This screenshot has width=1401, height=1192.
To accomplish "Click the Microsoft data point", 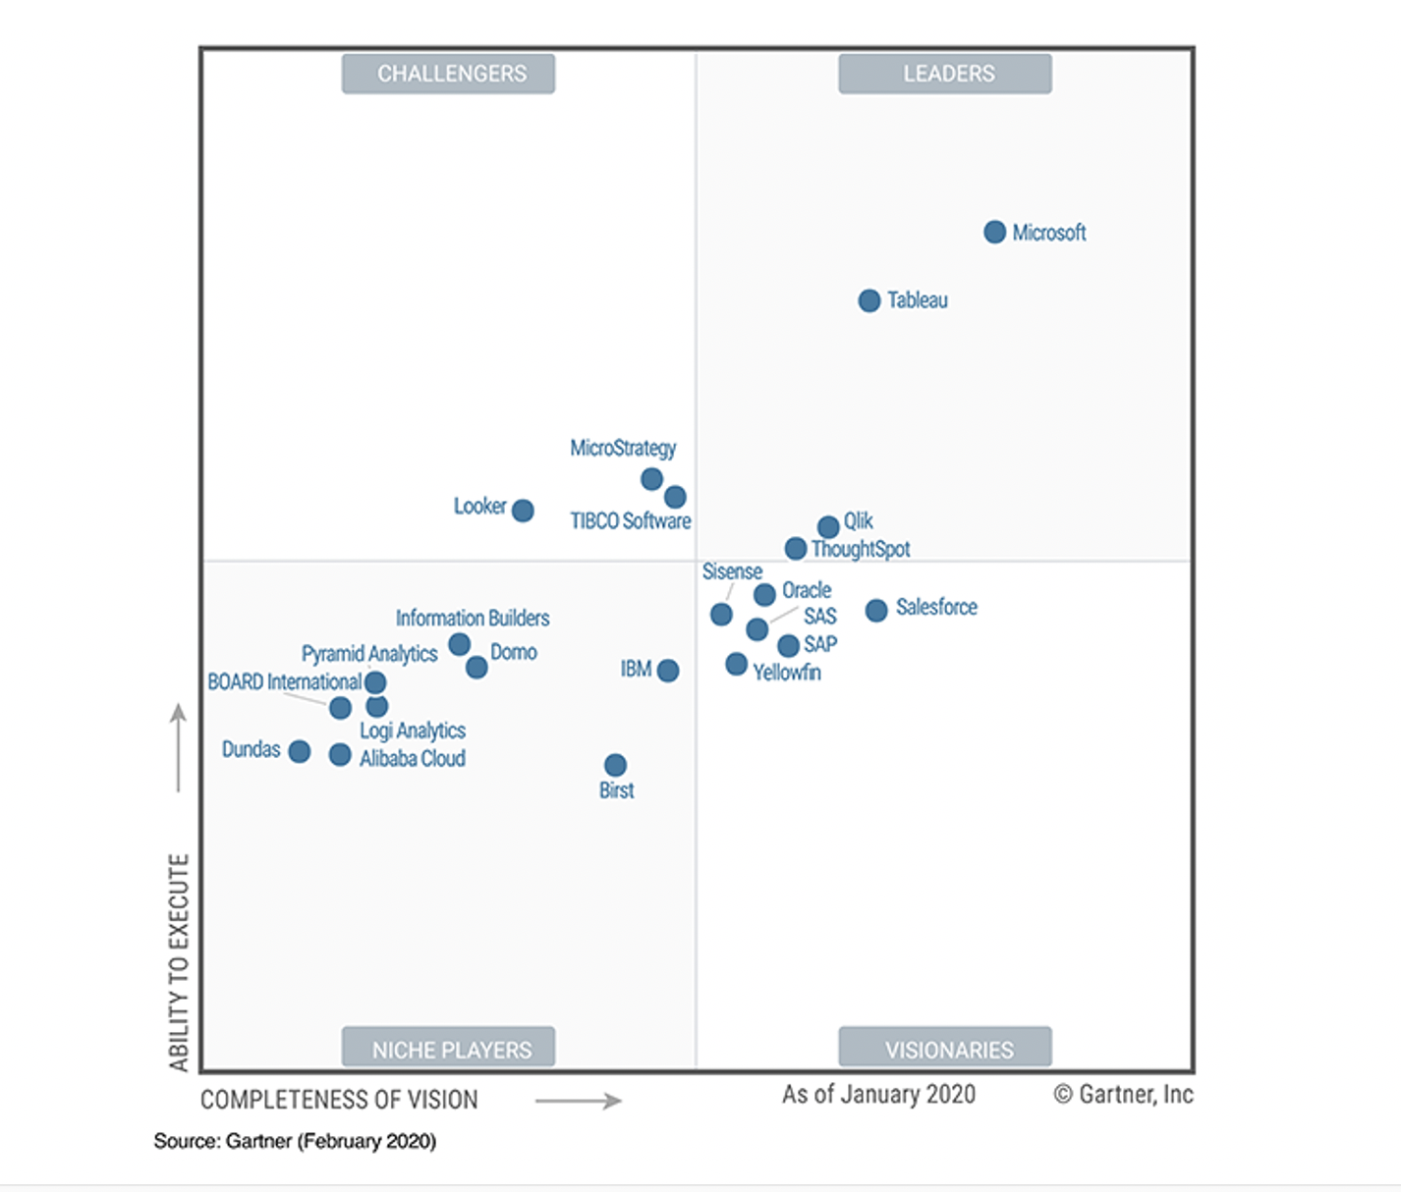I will [994, 232].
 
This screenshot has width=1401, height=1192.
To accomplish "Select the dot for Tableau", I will [869, 300].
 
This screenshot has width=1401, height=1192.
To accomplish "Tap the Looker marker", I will [523, 511].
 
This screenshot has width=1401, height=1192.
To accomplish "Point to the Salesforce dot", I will [876, 610].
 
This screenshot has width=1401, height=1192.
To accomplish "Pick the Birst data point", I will [615, 765].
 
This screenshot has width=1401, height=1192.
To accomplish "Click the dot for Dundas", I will [300, 751].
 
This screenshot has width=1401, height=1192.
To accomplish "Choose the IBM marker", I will [668, 671].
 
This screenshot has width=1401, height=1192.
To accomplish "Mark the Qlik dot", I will [828, 526].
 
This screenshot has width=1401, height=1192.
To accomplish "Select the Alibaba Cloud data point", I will [340, 754].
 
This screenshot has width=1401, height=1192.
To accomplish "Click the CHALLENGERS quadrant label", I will [448, 74].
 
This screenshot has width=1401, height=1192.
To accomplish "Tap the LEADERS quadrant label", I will [945, 74].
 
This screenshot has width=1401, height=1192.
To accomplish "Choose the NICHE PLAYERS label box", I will [448, 1048].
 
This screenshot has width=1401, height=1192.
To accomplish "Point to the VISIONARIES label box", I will [945, 1048].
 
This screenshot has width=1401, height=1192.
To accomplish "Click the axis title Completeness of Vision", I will [339, 1100].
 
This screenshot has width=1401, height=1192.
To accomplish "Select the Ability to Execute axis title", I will [178, 962].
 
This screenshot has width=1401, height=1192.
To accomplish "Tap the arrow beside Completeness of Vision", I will [579, 1101].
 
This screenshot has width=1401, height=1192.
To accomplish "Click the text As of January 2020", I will [878, 1094].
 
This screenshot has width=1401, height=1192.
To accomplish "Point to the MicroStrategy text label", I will [623, 448].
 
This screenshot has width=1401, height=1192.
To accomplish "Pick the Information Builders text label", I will [473, 618].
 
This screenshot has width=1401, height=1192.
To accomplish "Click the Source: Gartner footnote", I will [295, 1141].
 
